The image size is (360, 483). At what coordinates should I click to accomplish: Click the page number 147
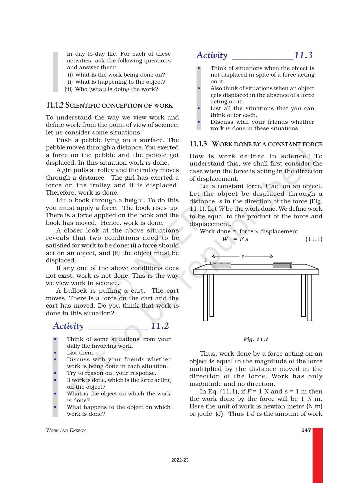306,430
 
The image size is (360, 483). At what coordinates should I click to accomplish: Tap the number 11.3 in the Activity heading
303,55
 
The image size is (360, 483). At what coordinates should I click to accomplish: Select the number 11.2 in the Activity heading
160,326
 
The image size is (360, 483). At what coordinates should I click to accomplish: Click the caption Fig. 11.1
256,340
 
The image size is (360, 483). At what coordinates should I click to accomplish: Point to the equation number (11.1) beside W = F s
314,239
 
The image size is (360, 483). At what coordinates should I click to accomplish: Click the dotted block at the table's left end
221,265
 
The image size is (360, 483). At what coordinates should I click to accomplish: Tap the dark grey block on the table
282,265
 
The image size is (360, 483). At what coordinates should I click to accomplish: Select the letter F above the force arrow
206,260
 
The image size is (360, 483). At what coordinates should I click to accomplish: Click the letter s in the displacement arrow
242,256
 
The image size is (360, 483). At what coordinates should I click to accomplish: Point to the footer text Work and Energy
66,430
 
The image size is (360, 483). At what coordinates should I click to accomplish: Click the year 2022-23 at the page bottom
180,460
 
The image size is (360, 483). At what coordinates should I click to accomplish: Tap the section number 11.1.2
54,105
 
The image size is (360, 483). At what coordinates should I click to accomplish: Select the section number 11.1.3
198,144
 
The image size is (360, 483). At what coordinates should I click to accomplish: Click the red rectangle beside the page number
317,455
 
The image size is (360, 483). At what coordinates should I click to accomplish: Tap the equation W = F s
235,239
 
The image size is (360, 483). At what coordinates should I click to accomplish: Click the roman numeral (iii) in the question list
69,89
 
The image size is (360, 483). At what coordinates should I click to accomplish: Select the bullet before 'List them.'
55,353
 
